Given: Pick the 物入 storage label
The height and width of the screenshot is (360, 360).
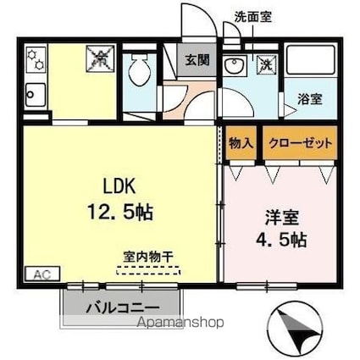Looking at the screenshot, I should pos(241,143).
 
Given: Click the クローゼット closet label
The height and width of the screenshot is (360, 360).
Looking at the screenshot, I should pos(300,143).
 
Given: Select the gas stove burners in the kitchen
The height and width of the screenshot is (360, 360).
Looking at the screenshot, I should pos(35,59).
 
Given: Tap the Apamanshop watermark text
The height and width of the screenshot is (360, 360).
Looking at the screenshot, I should pos(174,323).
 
